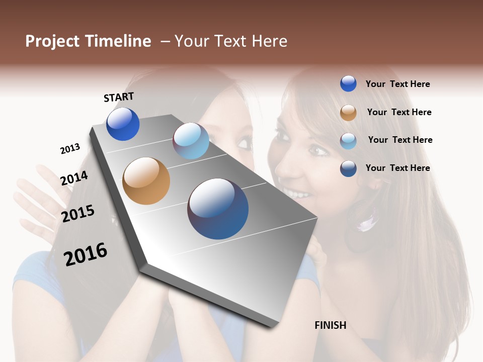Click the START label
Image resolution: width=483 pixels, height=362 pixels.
pos(119,97)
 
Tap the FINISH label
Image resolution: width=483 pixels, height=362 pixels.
pos(331,325)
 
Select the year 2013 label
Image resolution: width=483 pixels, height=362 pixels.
pos(70,149)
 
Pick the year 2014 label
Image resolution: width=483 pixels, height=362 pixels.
pos(74,178)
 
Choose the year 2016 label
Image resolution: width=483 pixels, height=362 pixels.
pos(86,254)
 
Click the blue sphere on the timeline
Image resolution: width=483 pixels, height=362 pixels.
pos(123,124)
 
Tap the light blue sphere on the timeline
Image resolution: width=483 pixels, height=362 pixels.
pos(191,141)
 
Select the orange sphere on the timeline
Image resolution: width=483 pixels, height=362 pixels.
pos(146,181)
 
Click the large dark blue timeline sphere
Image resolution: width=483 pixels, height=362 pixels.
pos(218,209)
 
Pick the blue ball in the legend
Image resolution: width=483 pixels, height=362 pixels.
pos(348,83)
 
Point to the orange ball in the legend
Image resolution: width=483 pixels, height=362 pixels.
pos(348,112)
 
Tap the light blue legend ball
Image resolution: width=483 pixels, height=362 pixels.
pos(348,140)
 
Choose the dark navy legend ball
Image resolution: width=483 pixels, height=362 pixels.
pos(348,168)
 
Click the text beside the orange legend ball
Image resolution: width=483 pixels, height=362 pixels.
pos(399,112)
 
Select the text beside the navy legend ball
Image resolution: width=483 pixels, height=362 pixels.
pos(397,168)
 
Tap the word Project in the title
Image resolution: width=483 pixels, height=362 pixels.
pos(53,41)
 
